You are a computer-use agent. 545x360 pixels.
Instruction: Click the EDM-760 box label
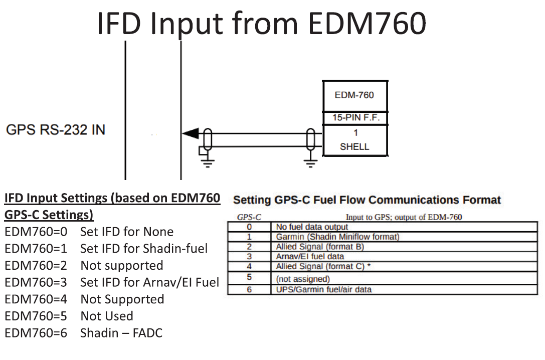pyautogui.click(x=354, y=95)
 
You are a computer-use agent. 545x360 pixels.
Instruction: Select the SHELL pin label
pyautogui.click(x=354, y=147)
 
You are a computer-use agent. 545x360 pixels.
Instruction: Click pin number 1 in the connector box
pyautogui.click(x=355, y=133)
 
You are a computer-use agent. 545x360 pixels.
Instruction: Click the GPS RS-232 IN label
pyautogui.click(x=56, y=130)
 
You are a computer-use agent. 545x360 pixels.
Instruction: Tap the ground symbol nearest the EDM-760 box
pyautogui.click(x=311, y=161)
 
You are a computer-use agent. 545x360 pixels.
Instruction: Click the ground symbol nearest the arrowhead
pyautogui.click(x=208, y=161)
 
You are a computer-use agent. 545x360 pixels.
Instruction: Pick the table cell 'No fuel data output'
pyautogui.click(x=312, y=227)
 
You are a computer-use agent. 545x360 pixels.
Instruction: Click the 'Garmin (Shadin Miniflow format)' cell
pyautogui.click(x=338, y=236)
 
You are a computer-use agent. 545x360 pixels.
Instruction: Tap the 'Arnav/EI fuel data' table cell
pyautogui.click(x=310, y=256)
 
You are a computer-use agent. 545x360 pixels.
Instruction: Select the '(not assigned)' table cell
pyautogui.click(x=303, y=278)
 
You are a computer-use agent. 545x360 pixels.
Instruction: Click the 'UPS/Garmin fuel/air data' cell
pyautogui.click(x=324, y=289)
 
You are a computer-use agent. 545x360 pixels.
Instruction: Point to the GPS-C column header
pyautogui.click(x=249, y=217)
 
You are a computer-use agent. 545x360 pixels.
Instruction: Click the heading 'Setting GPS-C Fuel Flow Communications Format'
pyautogui.click(x=367, y=200)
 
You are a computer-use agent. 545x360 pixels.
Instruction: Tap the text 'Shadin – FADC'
pyautogui.click(x=121, y=333)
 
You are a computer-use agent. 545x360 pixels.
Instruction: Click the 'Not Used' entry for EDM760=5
pyautogui.click(x=107, y=316)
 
